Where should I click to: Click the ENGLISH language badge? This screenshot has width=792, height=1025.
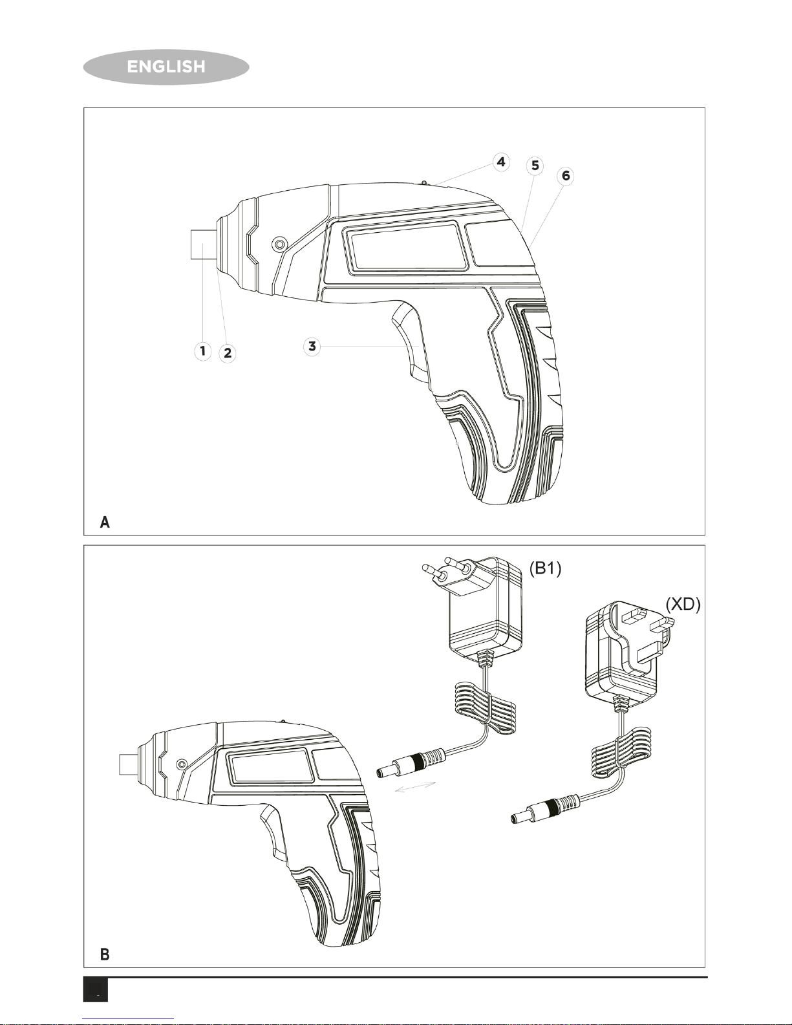(x=166, y=67)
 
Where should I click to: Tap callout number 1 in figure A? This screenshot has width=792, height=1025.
(x=203, y=351)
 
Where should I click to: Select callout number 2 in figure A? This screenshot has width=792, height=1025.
(x=228, y=353)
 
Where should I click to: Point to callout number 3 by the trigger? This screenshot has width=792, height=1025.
(x=312, y=347)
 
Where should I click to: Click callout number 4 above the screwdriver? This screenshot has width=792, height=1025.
(x=501, y=162)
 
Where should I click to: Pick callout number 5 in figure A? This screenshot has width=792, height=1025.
(x=535, y=166)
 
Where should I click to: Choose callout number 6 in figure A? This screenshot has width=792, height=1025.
(x=566, y=176)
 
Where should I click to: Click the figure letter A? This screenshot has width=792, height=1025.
(x=105, y=522)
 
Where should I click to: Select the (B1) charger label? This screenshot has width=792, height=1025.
(x=545, y=569)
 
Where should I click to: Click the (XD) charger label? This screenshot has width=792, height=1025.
(x=683, y=604)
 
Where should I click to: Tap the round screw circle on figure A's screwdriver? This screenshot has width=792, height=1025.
(x=280, y=244)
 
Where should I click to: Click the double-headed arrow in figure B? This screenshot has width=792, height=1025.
(x=415, y=786)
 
